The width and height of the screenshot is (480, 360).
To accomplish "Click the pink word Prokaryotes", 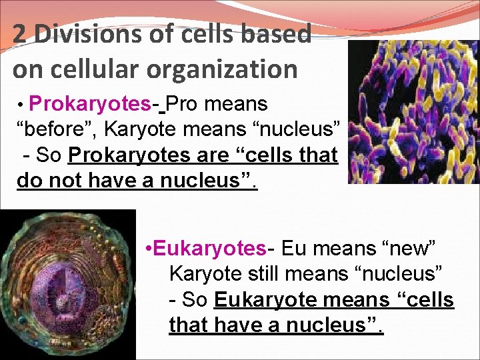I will point(90,104).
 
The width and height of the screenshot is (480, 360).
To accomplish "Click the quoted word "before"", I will point(52,129).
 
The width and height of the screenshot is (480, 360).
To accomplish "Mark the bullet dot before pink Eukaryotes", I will point(149,249).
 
